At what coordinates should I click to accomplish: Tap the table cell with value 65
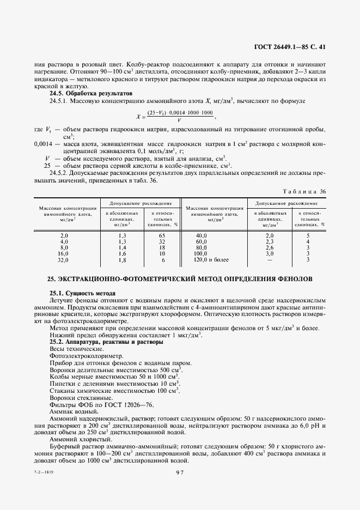click(x=161, y=234)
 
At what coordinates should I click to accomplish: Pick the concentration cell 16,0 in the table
click(x=64, y=253)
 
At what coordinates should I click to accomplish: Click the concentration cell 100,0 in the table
click(x=201, y=253)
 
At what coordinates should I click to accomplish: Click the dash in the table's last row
click(x=269, y=260)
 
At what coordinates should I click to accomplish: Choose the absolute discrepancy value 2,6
click(x=269, y=247)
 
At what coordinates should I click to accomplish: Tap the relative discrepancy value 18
click(x=161, y=247)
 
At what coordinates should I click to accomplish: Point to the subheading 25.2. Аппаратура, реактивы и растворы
click(x=106, y=342)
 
